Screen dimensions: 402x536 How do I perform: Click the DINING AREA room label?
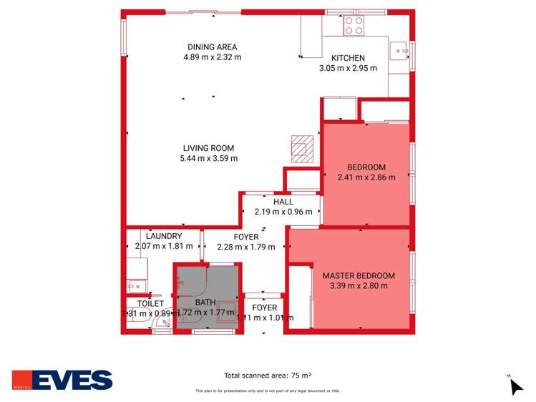(211, 47)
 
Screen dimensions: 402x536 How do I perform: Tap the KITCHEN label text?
(348, 58)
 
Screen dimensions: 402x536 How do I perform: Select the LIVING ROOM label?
(208, 148)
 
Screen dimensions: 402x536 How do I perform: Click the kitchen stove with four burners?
(354, 26)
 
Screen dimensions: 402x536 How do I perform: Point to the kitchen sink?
(399, 50)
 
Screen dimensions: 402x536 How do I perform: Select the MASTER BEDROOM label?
(358, 275)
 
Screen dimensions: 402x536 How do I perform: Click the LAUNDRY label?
(163, 236)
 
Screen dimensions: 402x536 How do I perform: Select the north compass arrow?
(515, 386)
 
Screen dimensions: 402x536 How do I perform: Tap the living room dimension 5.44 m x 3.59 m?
(208, 158)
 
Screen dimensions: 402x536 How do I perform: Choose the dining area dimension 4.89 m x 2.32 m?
(211, 57)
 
